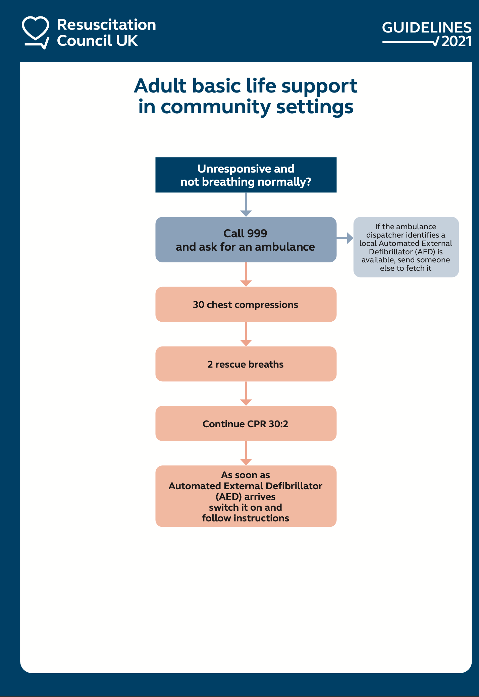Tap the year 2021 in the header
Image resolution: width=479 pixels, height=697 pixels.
[x=457, y=42]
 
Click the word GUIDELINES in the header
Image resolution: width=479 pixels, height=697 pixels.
[x=427, y=27]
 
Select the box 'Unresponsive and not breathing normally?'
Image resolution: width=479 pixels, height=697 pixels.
[x=246, y=175]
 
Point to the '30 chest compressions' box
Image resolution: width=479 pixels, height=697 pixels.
[x=246, y=304]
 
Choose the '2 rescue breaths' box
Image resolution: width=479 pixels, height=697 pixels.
[x=246, y=364]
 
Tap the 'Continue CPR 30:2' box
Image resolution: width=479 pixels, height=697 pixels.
[x=246, y=424]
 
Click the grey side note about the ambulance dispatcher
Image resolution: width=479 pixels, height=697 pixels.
[x=406, y=247]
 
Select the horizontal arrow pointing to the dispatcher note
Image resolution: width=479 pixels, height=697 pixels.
[x=345, y=238]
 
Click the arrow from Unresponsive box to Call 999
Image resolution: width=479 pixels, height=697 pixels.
[x=246, y=205]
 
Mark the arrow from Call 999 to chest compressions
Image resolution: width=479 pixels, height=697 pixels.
[x=246, y=274]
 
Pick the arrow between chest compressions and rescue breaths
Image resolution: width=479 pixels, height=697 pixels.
[x=246, y=334]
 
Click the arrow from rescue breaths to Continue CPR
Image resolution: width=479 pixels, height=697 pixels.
[x=246, y=394]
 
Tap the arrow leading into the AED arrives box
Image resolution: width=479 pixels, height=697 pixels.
[x=246, y=453]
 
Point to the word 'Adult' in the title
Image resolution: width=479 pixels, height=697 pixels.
[x=160, y=86]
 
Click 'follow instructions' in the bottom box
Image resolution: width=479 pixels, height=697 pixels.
[x=246, y=518]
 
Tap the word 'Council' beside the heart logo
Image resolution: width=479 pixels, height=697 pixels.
[x=84, y=41]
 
